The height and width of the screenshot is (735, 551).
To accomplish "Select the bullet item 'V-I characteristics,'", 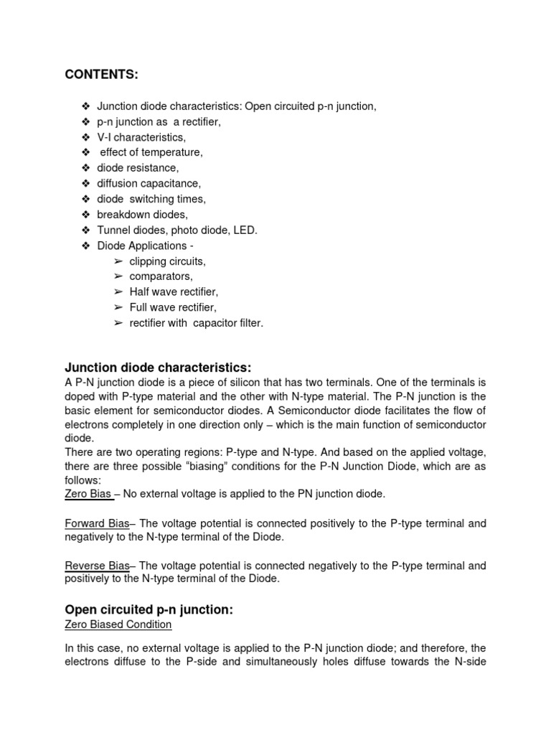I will pyautogui.click(x=141, y=137).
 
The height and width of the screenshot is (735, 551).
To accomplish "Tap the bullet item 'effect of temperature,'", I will pyautogui.click(x=151, y=152).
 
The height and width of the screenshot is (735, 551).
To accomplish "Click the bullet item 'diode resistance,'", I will pyautogui.click(x=138, y=168).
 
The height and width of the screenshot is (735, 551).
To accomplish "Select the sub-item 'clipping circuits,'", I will pyautogui.click(x=167, y=261).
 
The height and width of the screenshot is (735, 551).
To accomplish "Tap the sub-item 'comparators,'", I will pyautogui.click(x=161, y=276).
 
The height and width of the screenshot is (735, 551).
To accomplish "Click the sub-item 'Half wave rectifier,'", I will pyautogui.click(x=174, y=292).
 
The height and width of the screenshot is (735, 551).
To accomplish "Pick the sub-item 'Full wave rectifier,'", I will pyautogui.click(x=172, y=307).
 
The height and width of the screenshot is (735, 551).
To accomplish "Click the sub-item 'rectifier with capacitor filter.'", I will pyautogui.click(x=196, y=323).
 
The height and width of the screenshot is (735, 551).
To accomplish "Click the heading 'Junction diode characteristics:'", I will pyautogui.click(x=159, y=368).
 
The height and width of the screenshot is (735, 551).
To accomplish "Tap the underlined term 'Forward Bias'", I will pyautogui.click(x=97, y=524).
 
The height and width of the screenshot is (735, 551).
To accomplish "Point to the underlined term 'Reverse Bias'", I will pyautogui.click(x=97, y=566).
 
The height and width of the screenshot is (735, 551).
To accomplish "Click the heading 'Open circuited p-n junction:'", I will pyautogui.click(x=149, y=609).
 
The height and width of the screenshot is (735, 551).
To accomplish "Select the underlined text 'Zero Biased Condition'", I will pyautogui.click(x=118, y=624).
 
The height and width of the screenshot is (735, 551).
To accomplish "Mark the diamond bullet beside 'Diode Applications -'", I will pyautogui.click(x=86, y=246).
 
